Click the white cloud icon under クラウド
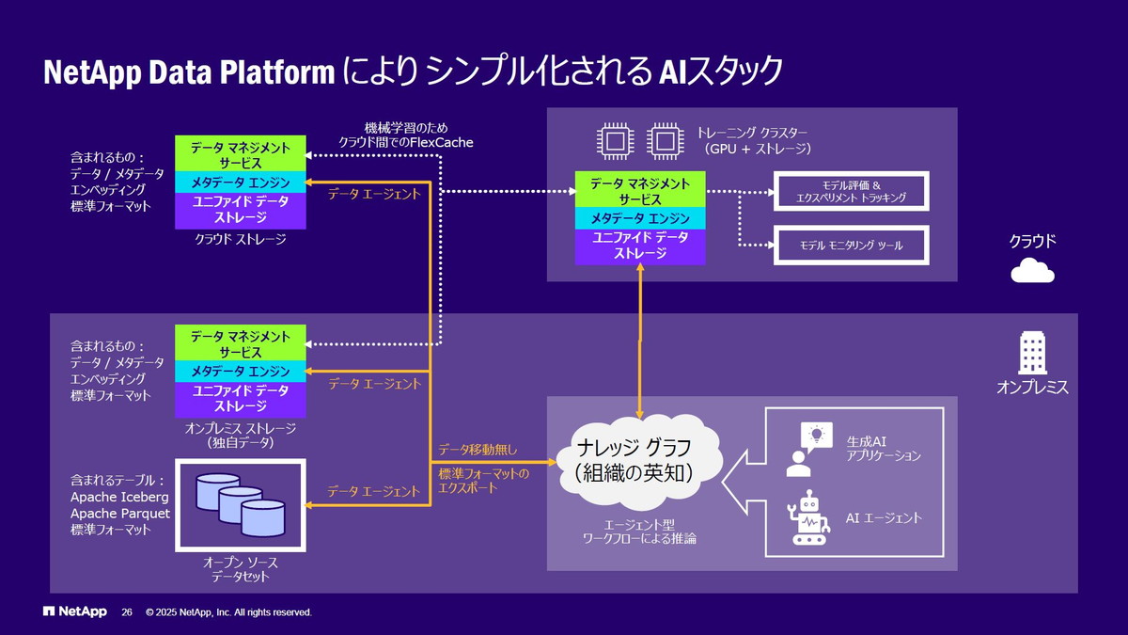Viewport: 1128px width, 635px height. tap(1032, 271)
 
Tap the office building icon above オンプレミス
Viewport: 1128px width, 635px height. tap(1032, 353)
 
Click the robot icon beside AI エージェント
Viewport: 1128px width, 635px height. tap(809, 518)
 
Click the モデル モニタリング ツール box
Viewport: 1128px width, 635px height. tap(851, 245)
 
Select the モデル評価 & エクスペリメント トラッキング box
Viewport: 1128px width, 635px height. tap(851, 191)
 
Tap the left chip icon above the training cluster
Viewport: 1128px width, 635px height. tap(616, 141)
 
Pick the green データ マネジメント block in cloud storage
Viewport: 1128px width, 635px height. tap(241, 155)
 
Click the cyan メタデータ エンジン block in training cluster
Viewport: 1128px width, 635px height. tap(639, 218)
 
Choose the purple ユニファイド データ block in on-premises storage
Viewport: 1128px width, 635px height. tap(241, 399)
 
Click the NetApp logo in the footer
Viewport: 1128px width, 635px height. tap(75, 612)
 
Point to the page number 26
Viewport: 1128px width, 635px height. tap(127, 612)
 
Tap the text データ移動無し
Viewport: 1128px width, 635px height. tap(478, 450)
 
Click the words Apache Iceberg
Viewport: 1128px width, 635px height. tap(119, 497)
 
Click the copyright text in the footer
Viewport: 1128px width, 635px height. tap(228, 612)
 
